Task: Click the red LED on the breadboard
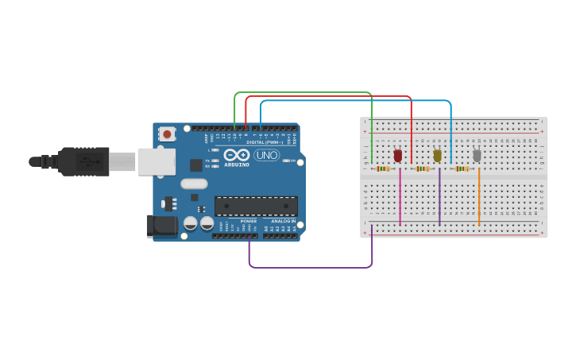pyautogui.click(x=398, y=156)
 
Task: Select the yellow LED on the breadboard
pyautogui.click(x=437, y=156)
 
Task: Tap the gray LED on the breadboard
pyautogui.click(x=477, y=156)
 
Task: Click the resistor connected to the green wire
pyautogui.click(x=383, y=168)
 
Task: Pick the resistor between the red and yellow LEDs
pyautogui.click(x=422, y=168)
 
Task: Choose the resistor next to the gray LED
pyautogui.click(x=461, y=168)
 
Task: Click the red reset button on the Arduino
pyautogui.click(x=167, y=134)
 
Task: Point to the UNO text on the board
pyautogui.click(x=267, y=155)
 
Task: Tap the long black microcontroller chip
pyautogui.click(x=256, y=206)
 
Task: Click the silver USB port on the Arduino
pyautogui.click(x=157, y=161)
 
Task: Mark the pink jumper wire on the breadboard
pyautogui.click(x=400, y=197)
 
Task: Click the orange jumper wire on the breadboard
pyautogui.click(x=479, y=197)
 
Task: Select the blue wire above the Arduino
pyautogui.click(x=358, y=102)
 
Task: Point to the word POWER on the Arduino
pyautogui.click(x=249, y=221)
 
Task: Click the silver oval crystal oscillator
pyautogui.click(x=194, y=184)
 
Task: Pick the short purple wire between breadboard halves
pyautogui.click(x=439, y=197)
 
